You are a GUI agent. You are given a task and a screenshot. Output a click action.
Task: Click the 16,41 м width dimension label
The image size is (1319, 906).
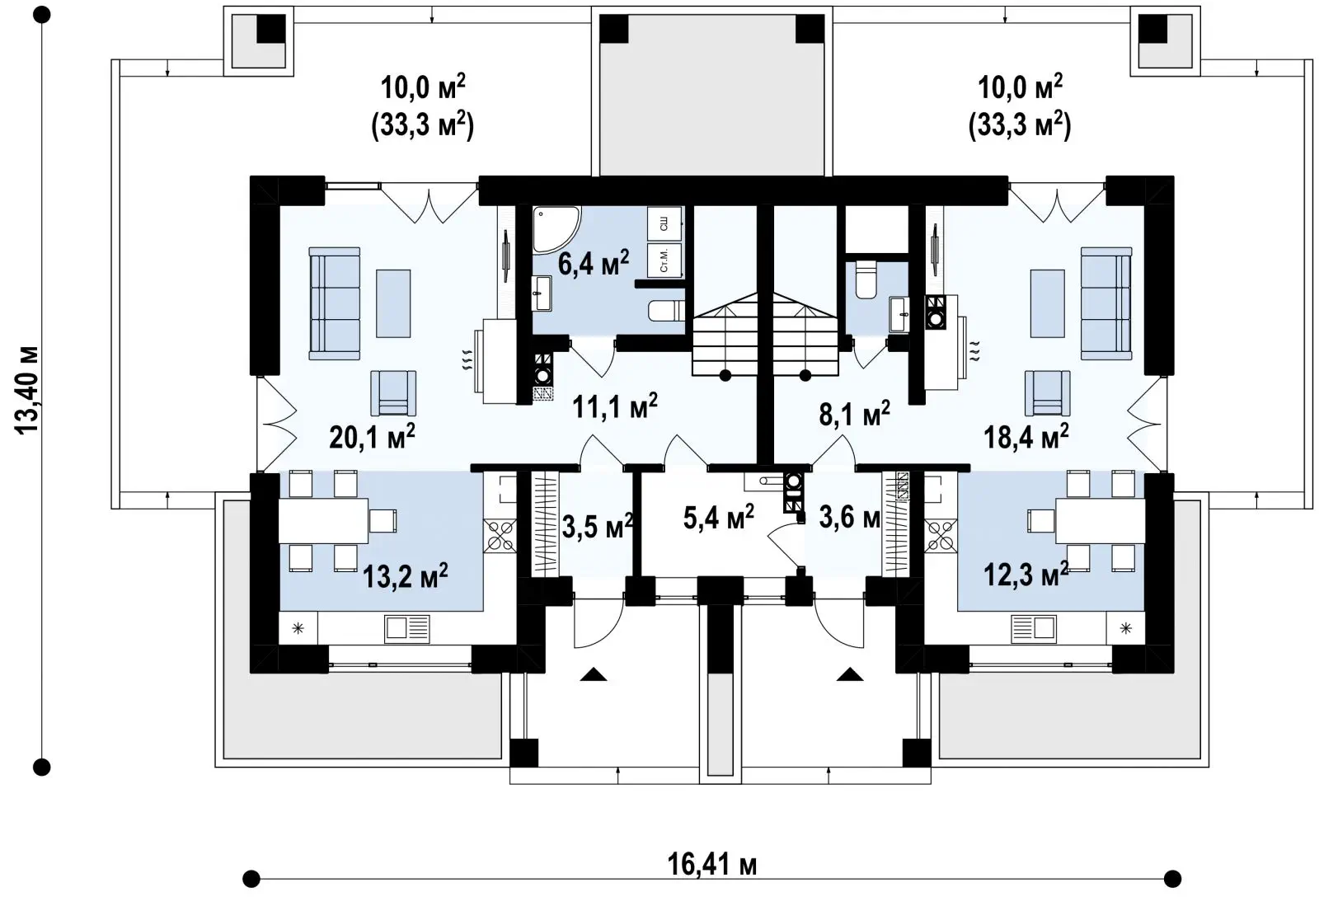tap(711, 865)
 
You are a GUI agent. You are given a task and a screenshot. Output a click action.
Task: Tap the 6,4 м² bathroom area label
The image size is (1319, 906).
tap(593, 262)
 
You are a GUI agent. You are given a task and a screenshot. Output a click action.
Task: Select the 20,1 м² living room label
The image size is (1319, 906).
tap(372, 436)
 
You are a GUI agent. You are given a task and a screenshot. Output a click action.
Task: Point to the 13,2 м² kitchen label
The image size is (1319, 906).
tap(405, 575)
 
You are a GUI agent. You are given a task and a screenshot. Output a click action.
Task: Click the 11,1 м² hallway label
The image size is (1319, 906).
tap(615, 406)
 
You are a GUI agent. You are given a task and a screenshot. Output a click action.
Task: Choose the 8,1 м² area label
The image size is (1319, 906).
tap(854, 413)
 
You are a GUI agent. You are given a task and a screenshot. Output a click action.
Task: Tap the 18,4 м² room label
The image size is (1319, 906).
tap(1026, 436)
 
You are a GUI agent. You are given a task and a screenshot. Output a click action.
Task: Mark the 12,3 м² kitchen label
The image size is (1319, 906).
tap(1026, 574)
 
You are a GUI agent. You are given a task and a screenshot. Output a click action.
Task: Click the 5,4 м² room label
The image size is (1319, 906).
tap(718, 516)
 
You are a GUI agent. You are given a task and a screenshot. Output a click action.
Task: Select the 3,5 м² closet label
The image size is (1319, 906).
tap(597, 526)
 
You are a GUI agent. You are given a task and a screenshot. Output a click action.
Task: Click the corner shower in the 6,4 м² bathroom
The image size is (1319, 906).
tap(556, 229)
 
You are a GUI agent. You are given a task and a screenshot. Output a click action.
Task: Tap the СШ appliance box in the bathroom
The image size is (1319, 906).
tap(664, 223)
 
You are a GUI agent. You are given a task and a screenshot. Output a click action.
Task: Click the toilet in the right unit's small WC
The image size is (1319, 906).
tap(866, 280)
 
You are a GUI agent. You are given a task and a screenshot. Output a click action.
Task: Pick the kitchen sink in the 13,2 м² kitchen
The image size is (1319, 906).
tap(407, 629)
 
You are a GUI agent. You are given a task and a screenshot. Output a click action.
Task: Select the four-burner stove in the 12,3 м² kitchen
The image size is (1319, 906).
tap(941, 537)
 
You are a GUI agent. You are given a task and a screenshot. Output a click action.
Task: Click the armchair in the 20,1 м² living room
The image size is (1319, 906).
tap(393, 392)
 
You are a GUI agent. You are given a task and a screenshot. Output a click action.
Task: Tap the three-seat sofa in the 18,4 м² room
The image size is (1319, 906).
tap(1105, 303)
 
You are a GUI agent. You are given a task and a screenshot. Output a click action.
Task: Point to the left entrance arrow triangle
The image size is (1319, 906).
tap(593, 674)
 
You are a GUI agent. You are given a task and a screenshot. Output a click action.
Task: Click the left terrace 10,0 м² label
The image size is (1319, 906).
tap(423, 87)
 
